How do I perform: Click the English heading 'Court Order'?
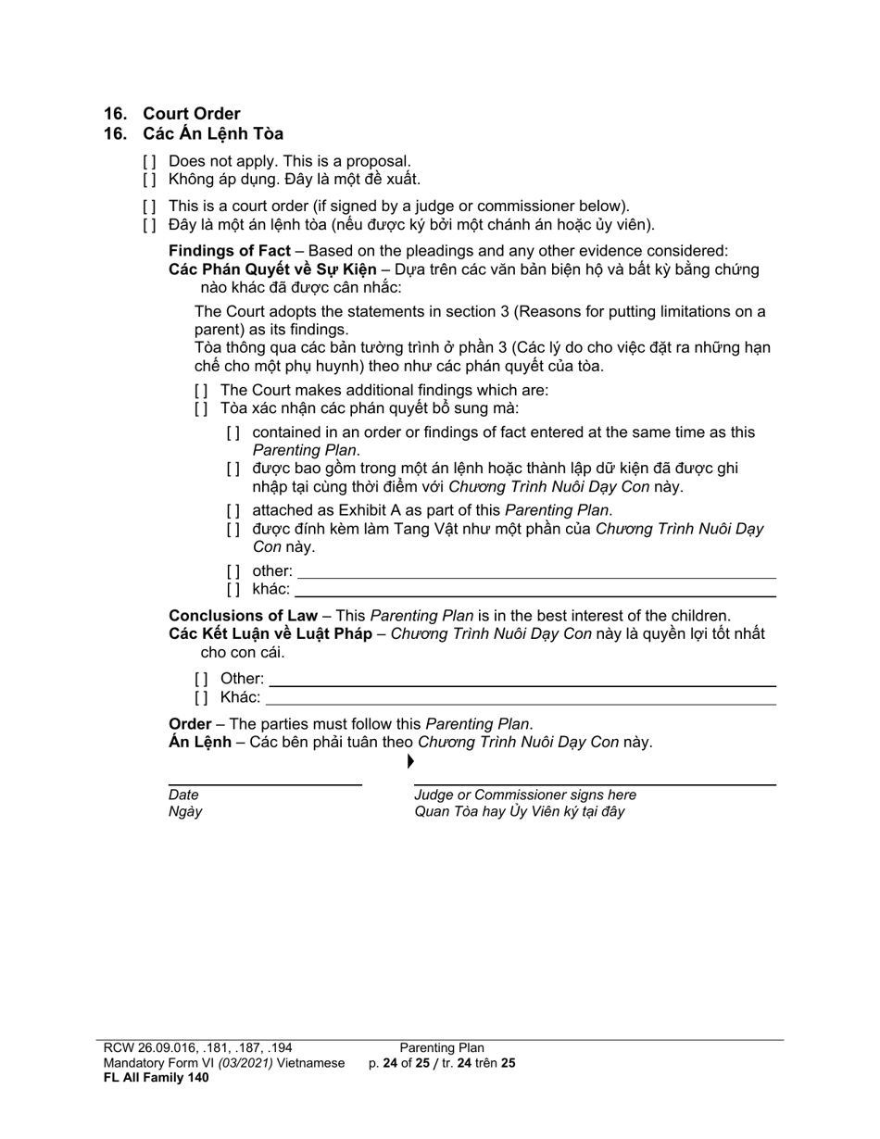coord(191,114)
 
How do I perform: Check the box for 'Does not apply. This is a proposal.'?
coord(149,162)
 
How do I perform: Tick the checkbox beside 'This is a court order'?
coord(149,207)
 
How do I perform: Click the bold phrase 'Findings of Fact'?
coord(229,251)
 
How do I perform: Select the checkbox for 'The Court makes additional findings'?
coord(201,390)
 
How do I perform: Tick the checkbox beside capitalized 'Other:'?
coord(201,679)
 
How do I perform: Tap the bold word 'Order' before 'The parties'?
coord(189,724)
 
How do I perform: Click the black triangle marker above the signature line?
coord(410,762)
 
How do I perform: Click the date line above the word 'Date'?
coord(265,784)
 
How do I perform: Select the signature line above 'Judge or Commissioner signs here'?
coord(595,784)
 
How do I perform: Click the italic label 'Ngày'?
coord(185,812)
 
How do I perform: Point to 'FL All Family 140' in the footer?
coord(156,1077)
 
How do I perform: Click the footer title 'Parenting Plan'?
coord(442,1048)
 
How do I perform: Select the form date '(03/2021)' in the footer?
coord(245,1063)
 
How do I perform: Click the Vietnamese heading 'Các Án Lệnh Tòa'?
coord(213,134)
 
